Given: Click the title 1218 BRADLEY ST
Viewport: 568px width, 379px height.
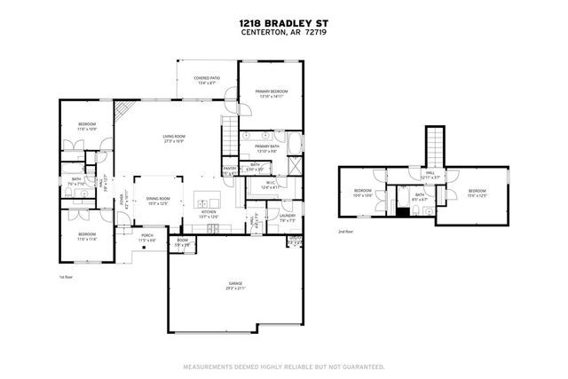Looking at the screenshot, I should coord(283,26).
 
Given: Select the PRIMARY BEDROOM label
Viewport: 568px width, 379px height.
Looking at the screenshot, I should coord(271,93).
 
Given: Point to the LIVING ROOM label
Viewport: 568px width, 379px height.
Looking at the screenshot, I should coord(173,138).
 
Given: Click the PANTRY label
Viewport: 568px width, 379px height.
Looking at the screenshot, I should coord(229,169).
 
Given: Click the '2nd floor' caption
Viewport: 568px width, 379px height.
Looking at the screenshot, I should coord(345,232).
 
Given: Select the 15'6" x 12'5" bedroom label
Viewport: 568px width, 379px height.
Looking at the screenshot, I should coord(477,193).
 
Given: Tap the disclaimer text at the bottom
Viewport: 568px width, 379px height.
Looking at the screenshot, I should coord(283,366).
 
